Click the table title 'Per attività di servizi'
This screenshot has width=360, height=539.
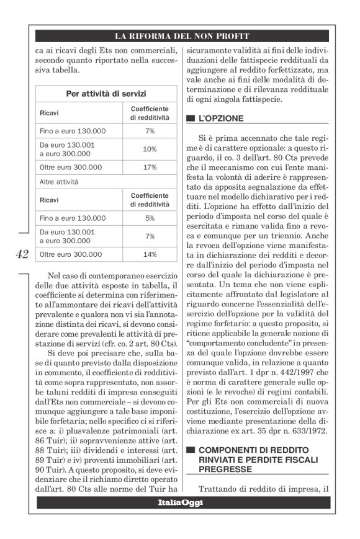pyautogui.click(x=106, y=95)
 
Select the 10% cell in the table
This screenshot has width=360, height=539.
pyautogui.click(x=150, y=149)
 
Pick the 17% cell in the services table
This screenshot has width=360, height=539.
pyautogui.click(x=150, y=167)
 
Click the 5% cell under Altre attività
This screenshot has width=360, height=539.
pyautogui.click(x=150, y=218)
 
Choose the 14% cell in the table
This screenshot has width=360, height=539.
pyautogui.click(x=150, y=254)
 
